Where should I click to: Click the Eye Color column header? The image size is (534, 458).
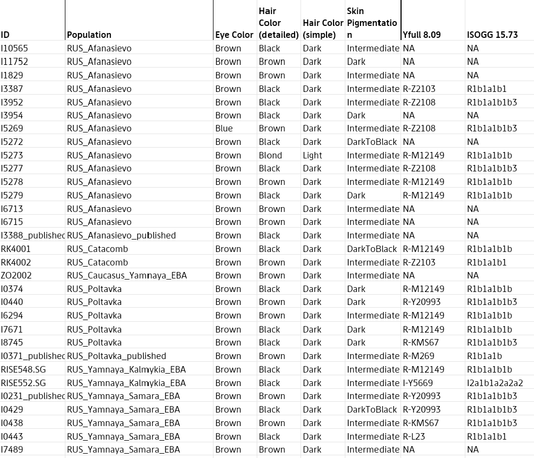tap(234, 35)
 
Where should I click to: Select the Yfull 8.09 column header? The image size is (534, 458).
tap(422, 35)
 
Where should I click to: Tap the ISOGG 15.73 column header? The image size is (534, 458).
tap(492, 35)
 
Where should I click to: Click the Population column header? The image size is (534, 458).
tap(89, 35)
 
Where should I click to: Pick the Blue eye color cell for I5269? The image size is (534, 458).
tap(224, 129)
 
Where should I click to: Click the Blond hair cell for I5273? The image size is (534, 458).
tap(270, 155)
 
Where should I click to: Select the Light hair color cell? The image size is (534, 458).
tap(312, 155)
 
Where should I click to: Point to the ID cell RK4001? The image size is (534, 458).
tap(16, 249)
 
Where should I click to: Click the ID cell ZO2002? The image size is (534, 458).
tap(16, 276)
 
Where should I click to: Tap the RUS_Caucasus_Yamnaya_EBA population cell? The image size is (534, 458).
tap(126, 276)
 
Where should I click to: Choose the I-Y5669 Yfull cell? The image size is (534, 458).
tap(418, 383)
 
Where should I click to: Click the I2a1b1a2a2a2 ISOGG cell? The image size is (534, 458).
tap(495, 383)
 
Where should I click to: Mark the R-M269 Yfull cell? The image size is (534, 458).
tap(418, 356)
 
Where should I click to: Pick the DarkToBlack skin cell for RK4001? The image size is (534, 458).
tap(372, 249)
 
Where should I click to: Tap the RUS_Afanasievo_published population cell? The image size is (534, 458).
tap(121, 235)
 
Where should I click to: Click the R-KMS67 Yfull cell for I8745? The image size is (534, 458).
tap(420, 342)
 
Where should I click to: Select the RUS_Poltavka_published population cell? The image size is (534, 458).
tap(116, 356)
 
